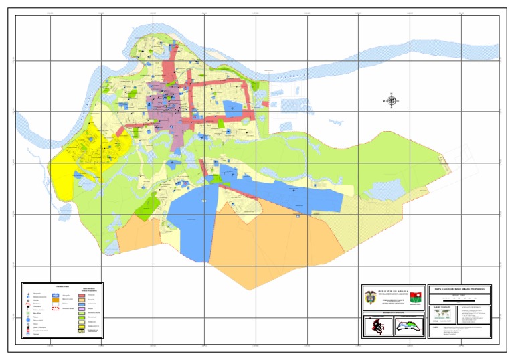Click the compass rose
coord(392,101)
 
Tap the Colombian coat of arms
coord(371,296)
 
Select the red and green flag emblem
coord(416,296)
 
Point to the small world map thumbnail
coord(442,313)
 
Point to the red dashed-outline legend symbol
coord(56,309)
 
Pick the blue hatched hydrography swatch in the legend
coord(56,294)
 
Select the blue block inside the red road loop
coord(232,106)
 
